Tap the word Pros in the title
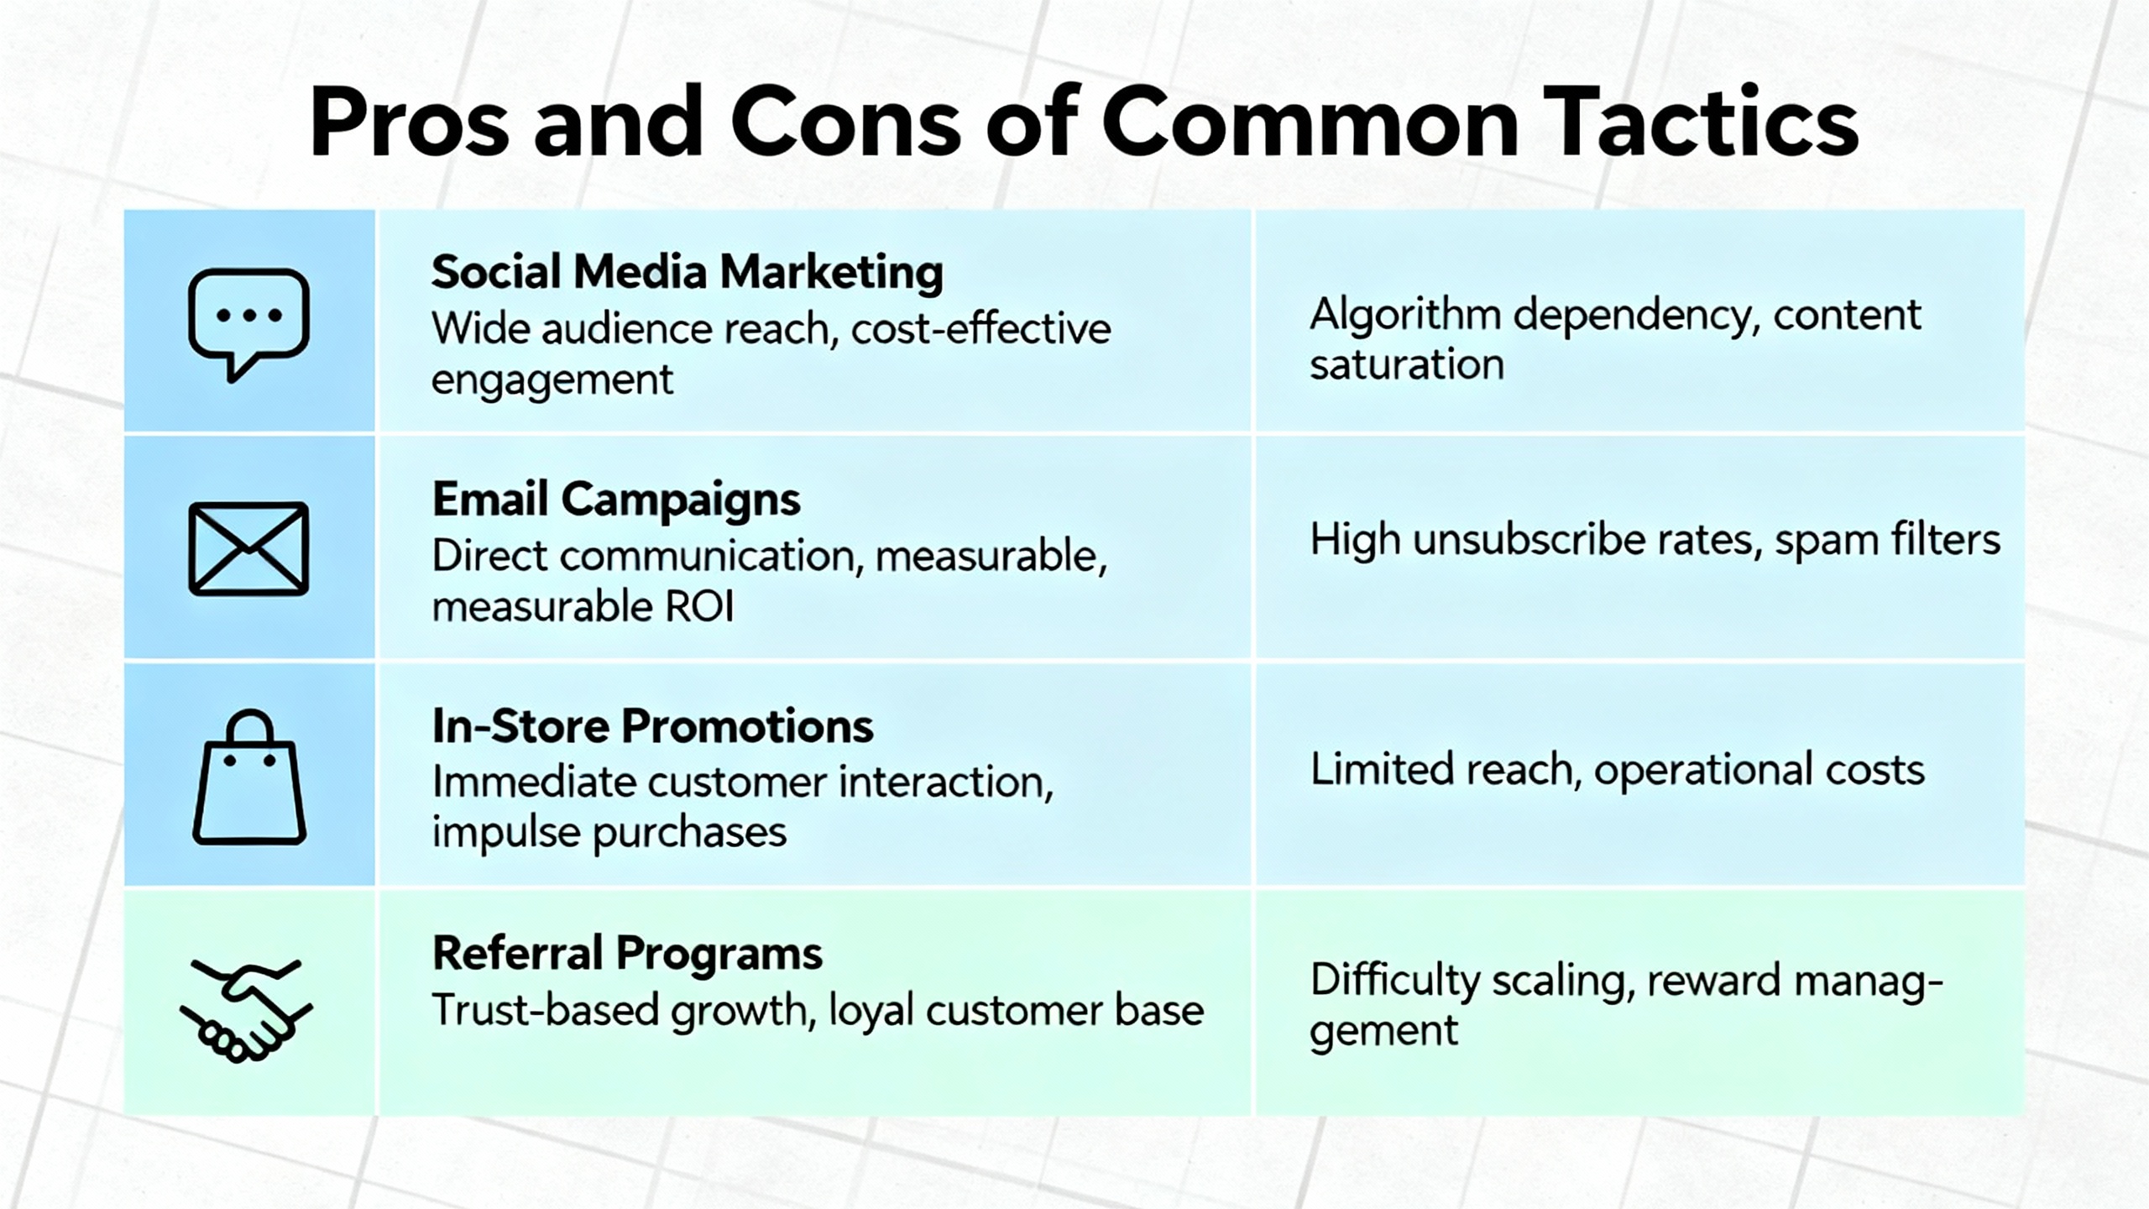click(409, 123)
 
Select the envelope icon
click(248, 549)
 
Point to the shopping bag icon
click(249, 777)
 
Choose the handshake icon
click(246, 1011)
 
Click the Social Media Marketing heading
click(687, 273)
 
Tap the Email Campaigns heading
click(616, 500)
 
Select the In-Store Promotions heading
click(652, 726)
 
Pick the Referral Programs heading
click(627, 954)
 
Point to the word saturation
click(1406, 365)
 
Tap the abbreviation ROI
click(699, 606)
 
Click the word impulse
click(505, 834)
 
